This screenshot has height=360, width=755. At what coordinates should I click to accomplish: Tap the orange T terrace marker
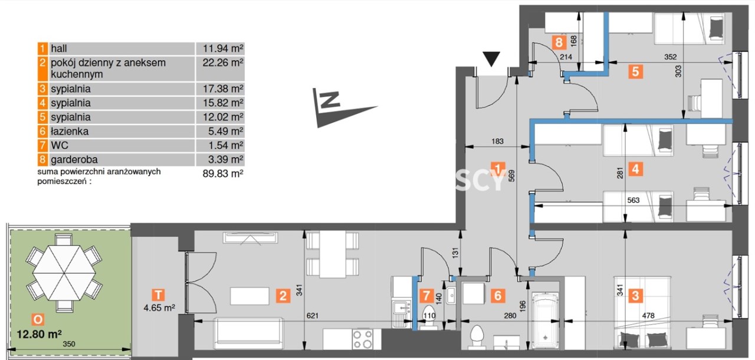pos(158,295)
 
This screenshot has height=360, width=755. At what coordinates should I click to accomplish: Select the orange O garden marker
pos(38,319)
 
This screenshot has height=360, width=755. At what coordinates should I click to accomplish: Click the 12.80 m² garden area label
pos(39,334)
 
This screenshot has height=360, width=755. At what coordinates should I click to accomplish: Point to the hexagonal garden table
pos(64,273)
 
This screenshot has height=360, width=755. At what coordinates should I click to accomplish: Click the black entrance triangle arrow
pos(491,59)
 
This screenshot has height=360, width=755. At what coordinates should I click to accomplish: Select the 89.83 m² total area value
pos(223,174)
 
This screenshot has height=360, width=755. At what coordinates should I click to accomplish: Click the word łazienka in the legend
pos(70,131)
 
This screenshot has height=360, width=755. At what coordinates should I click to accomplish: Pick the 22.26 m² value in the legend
pos(223,63)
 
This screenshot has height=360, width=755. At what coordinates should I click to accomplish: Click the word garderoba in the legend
pos(74,159)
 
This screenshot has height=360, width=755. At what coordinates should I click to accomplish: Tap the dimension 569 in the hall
pos(511,175)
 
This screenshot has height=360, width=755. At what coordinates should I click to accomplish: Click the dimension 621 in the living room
pos(313,316)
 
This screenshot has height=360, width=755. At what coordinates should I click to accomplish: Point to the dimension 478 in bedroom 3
pos(648,316)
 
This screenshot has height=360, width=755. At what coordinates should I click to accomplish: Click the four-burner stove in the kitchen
pos(362,339)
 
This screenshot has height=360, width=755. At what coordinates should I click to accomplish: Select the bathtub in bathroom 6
pos(545,320)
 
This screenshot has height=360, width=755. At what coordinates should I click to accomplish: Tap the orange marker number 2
pos(283,296)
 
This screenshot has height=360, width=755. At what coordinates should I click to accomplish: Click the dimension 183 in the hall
pos(497,141)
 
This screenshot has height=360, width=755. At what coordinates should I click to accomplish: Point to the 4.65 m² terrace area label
pos(159,307)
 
